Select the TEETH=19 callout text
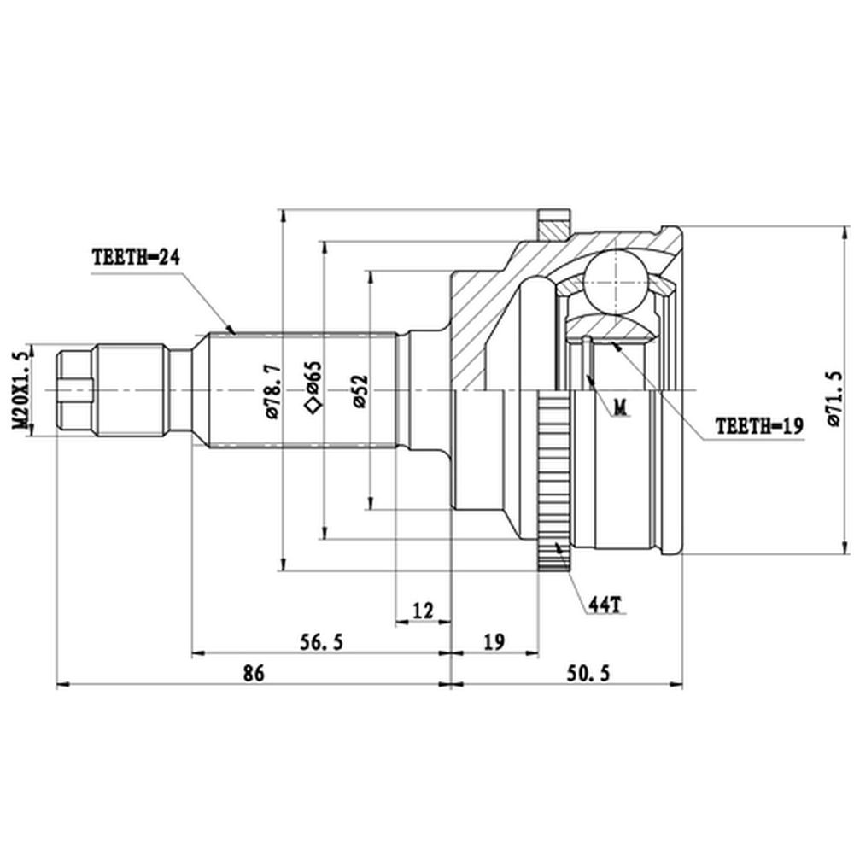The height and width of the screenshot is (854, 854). pyautogui.click(x=759, y=426)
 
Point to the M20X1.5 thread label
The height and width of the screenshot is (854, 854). pyautogui.click(x=20, y=390)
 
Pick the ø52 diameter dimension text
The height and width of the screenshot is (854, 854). pyautogui.click(x=360, y=391)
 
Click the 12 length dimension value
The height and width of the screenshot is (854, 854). pyautogui.click(x=423, y=611)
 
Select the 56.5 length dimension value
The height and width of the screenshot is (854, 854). pyautogui.click(x=321, y=642)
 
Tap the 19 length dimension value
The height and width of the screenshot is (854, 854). pyautogui.click(x=494, y=642)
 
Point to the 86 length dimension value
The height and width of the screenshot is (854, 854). pyautogui.click(x=254, y=673)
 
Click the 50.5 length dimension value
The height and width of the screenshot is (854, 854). pyautogui.click(x=588, y=673)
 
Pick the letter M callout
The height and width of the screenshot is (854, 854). pyautogui.click(x=620, y=407)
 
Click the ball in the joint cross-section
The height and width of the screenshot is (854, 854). pyautogui.click(x=616, y=282)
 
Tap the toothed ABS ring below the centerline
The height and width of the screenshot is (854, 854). pyautogui.click(x=553, y=481)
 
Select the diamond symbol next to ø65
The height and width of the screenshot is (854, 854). pyautogui.click(x=313, y=406)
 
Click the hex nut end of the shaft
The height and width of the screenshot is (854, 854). pyautogui.click(x=75, y=390)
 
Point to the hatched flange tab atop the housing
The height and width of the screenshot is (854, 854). pyautogui.click(x=554, y=224)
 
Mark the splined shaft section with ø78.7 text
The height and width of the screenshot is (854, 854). pyautogui.click(x=302, y=390)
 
